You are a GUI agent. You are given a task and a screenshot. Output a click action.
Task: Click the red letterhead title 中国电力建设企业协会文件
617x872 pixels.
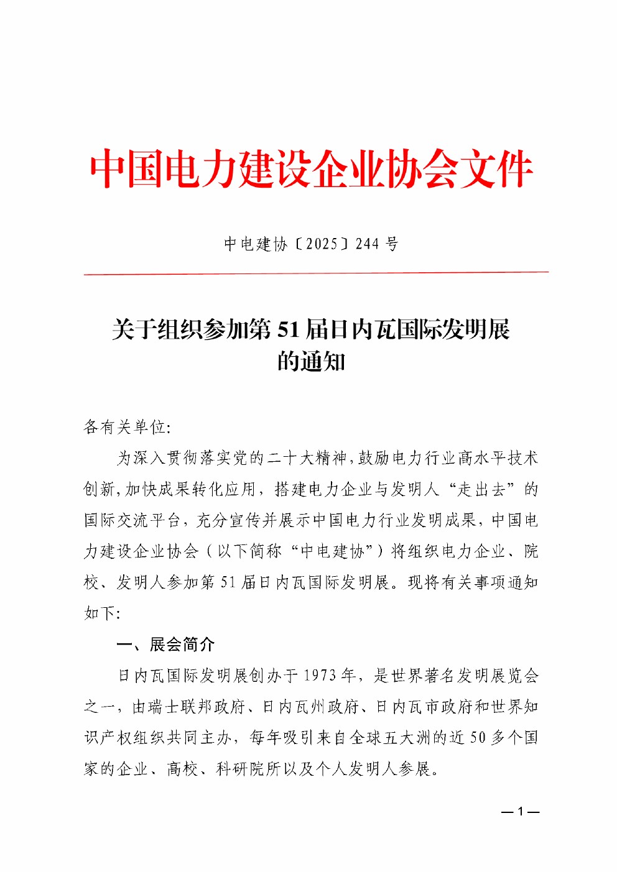[311, 168]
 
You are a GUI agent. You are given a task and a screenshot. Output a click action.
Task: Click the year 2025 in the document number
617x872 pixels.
[322, 244]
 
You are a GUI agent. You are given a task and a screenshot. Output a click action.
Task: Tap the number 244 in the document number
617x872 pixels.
[367, 244]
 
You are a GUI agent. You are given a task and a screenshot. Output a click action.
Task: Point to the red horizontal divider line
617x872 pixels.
[316, 272]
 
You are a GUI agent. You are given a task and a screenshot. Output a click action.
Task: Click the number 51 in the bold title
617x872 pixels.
[289, 329]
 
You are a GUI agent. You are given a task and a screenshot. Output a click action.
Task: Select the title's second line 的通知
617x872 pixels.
[311, 362]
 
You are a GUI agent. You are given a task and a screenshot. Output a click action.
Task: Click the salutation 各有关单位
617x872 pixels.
[124, 427]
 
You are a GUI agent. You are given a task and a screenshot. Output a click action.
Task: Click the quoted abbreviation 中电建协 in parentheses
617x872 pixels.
[332, 551]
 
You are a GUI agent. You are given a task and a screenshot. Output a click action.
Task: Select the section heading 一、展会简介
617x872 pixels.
[165, 645]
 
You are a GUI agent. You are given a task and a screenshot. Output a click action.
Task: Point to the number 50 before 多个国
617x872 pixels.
[477, 738]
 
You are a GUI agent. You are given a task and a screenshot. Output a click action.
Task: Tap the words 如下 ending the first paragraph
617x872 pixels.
[100, 613]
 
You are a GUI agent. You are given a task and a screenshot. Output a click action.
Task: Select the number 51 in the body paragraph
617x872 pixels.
[228, 582]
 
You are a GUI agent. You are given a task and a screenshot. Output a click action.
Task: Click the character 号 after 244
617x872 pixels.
[392, 244]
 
